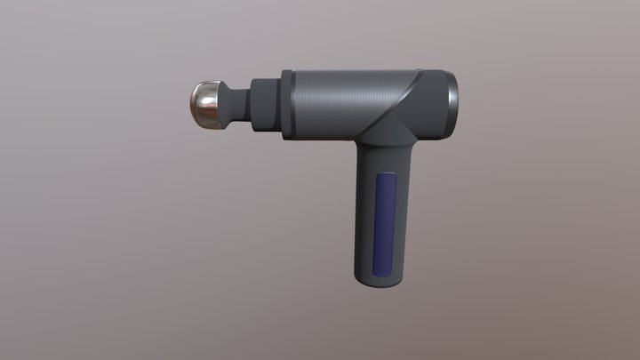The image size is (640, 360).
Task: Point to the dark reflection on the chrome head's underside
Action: [210, 118]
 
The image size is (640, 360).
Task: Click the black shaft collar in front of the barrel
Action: [265, 104]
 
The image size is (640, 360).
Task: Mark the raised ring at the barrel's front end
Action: [287, 103]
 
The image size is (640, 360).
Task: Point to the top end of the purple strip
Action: [387, 177]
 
